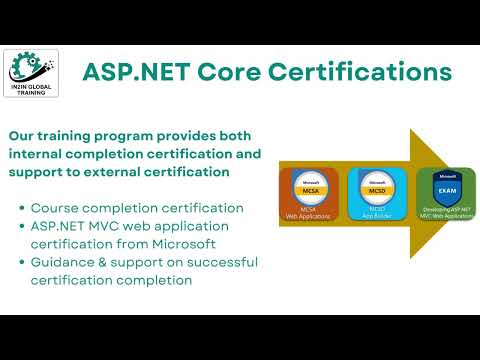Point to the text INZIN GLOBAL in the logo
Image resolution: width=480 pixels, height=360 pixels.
[33, 87]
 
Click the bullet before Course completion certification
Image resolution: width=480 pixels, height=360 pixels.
[22, 208]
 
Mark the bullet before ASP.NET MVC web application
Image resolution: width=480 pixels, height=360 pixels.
[22, 226]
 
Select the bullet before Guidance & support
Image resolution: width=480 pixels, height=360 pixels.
[22, 262]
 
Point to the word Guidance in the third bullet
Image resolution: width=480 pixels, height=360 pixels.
[67, 262]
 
